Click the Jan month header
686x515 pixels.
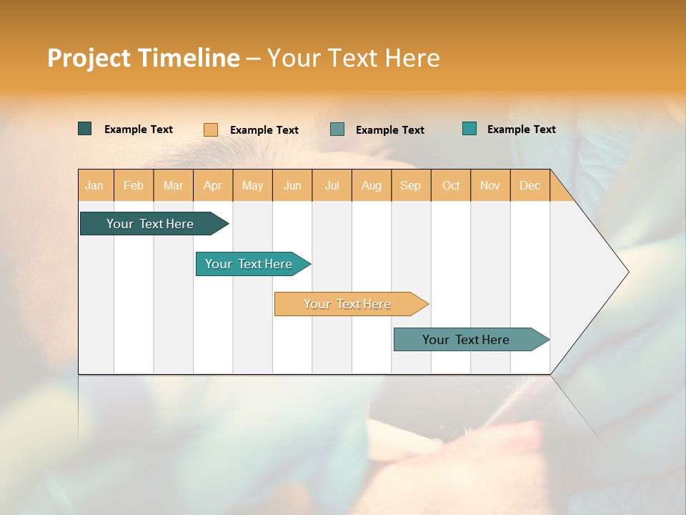coord(95,185)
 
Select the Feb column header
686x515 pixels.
coord(134,185)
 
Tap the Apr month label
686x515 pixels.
coord(212,185)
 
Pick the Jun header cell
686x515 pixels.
coord(292,185)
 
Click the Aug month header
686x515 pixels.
coord(371,185)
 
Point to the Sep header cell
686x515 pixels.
coord(410,185)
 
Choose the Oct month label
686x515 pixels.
coord(451,185)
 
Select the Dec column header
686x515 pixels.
coord(530,185)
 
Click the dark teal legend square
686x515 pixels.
coord(84,129)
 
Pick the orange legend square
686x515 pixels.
coord(210,129)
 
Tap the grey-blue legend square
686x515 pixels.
coord(337,129)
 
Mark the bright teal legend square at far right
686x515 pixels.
coord(469,129)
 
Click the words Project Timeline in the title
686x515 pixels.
coord(143,58)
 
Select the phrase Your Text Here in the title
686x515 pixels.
coord(353,58)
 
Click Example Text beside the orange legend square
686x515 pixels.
coord(264,130)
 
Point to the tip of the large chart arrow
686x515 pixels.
coord(627,272)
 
